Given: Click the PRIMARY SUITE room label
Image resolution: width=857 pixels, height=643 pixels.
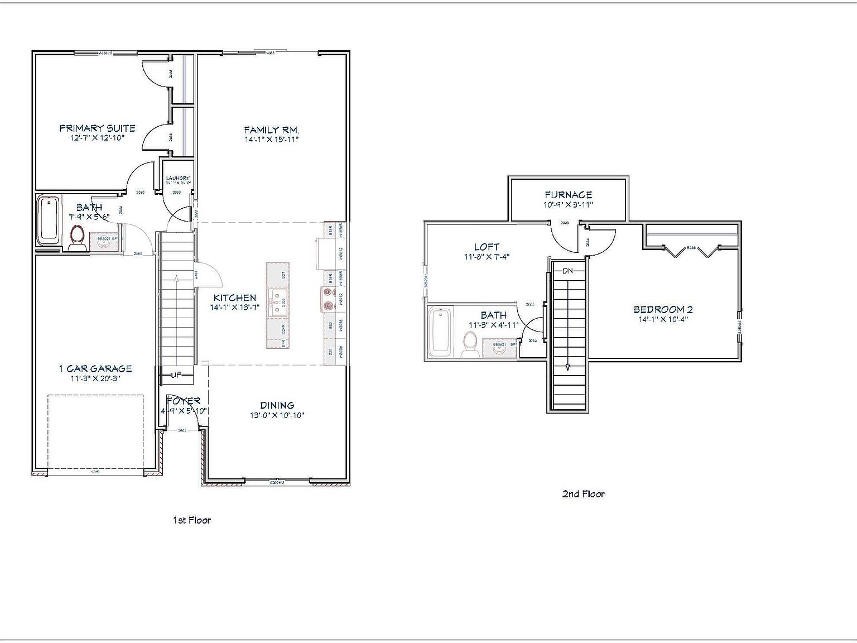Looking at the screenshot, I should click(x=97, y=128).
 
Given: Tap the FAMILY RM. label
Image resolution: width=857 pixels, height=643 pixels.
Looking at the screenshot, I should click(x=272, y=129).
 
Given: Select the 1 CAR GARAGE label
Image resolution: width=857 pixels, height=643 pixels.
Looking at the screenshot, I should click(x=95, y=368).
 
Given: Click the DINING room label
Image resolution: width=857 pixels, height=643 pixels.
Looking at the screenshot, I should click(x=277, y=405).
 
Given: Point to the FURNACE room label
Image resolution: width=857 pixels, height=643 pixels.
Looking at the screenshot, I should click(x=568, y=195).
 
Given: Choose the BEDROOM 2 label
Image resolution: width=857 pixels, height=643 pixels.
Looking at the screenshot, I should click(x=663, y=309).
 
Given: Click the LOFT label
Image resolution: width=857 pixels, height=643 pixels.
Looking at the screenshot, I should click(x=487, y=247).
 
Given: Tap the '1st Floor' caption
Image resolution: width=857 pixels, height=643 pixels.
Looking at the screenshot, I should click(x=191, y=520).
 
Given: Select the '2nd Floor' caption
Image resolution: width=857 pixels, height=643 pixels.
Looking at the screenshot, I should click(x=583, y=494).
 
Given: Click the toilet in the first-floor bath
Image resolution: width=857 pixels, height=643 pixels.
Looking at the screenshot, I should click(x=77, y=237).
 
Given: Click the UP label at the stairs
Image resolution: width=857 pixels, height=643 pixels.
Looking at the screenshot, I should click(x=176, y=375).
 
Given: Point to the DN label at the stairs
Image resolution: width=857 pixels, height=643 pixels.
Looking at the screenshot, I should click(x=568, y=271).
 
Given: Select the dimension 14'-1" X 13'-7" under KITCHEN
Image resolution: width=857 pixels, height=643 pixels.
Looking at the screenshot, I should click(x=234, y=308).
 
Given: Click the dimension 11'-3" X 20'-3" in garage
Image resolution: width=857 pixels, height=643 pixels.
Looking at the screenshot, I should click(x=95, y=378).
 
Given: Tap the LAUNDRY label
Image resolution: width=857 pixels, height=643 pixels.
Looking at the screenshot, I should click(x=178, y=178).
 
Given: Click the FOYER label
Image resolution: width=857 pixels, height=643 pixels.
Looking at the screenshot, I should click(x=184, y=401).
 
